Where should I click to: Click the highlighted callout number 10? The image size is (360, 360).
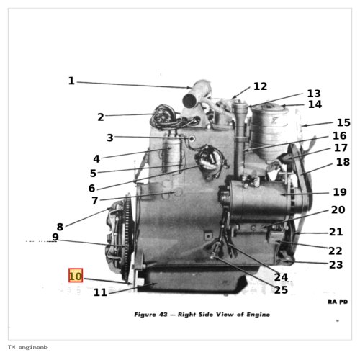76,275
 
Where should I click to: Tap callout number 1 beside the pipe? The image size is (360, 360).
71,81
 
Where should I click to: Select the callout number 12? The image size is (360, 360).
260,86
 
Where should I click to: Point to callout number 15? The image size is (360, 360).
343,122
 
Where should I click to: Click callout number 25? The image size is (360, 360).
281,290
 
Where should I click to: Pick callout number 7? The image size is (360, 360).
95,201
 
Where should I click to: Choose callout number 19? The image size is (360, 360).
340,192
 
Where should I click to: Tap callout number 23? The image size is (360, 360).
336,265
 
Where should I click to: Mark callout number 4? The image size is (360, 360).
96,158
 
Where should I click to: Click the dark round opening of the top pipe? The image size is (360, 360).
190,101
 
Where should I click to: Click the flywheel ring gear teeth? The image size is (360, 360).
128,236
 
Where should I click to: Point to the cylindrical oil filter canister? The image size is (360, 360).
269,131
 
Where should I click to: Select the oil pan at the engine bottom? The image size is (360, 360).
192,280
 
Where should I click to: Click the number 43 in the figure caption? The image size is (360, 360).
163,315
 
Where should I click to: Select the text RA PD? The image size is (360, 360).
338,302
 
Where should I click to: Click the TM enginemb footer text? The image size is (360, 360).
27,347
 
